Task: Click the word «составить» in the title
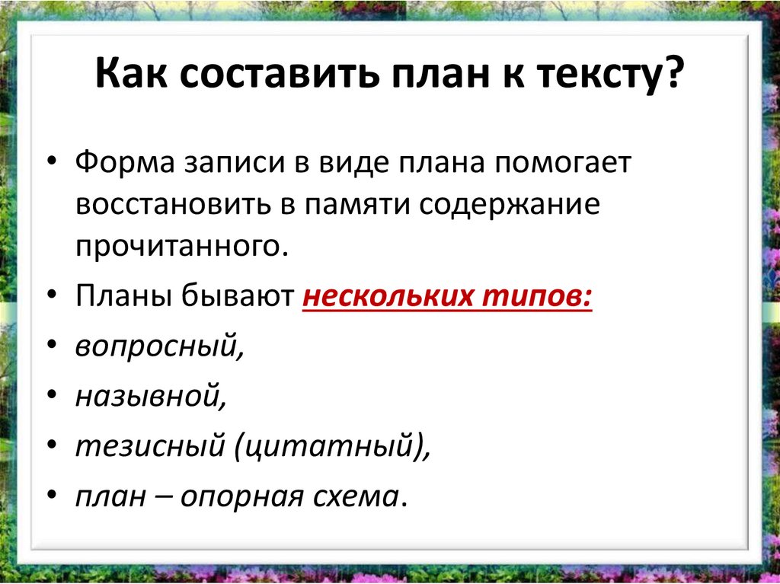(279, 72)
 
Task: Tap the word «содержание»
(510, 206)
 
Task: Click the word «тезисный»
(150, 446)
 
